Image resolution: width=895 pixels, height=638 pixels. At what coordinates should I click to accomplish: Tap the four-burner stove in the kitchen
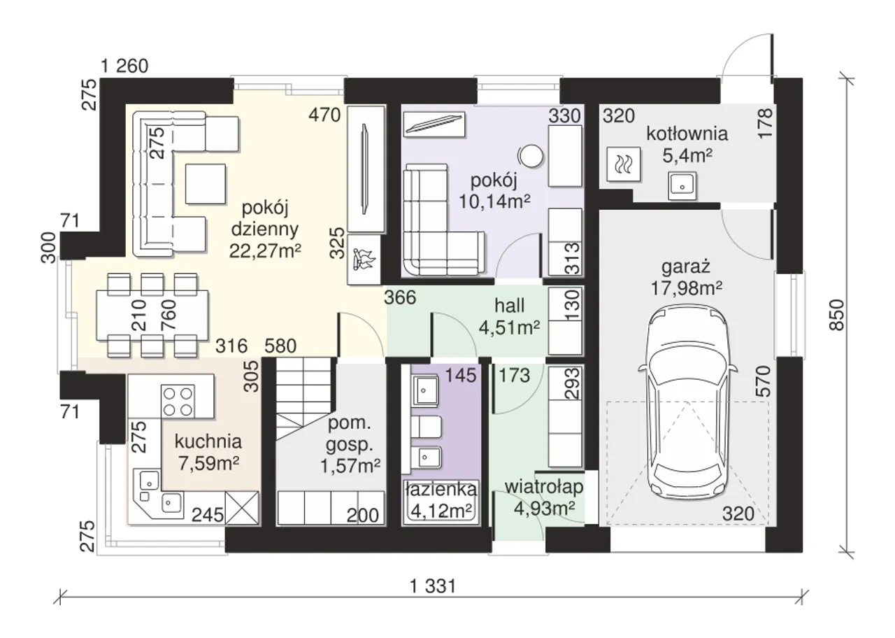tap(178, 400)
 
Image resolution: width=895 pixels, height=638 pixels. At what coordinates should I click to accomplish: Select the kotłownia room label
tap(687, 134)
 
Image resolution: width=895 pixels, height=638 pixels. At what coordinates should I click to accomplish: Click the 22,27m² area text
tap(265, 250)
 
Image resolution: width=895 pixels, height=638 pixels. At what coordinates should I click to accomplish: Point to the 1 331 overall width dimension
tap(433, 587)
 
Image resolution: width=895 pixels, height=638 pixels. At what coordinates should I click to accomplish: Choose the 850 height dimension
tap(837, 315)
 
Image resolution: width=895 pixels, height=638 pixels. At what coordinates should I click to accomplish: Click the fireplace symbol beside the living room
tap(364, 260)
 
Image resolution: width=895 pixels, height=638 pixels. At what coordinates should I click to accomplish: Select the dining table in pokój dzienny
tap(152, 316)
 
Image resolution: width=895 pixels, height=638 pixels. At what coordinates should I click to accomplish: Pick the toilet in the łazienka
tap(427, 427)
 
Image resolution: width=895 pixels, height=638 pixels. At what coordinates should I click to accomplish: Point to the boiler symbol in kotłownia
tap(624, 164)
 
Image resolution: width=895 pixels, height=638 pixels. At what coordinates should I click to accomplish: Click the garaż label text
tap(686, 267)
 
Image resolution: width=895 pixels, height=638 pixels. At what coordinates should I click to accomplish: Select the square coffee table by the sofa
tap(206, 184)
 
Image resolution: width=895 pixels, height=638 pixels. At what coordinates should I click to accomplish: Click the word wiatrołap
tap(544, 488)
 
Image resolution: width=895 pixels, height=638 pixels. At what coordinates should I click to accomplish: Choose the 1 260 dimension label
tap(124, 66)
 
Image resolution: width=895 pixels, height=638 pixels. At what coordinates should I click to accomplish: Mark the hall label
tap(510, 306)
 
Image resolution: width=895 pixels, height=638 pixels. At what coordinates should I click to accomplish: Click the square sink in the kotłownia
tap(682, 186)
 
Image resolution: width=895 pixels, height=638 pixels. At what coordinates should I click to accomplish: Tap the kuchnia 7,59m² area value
tap(209, 464)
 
